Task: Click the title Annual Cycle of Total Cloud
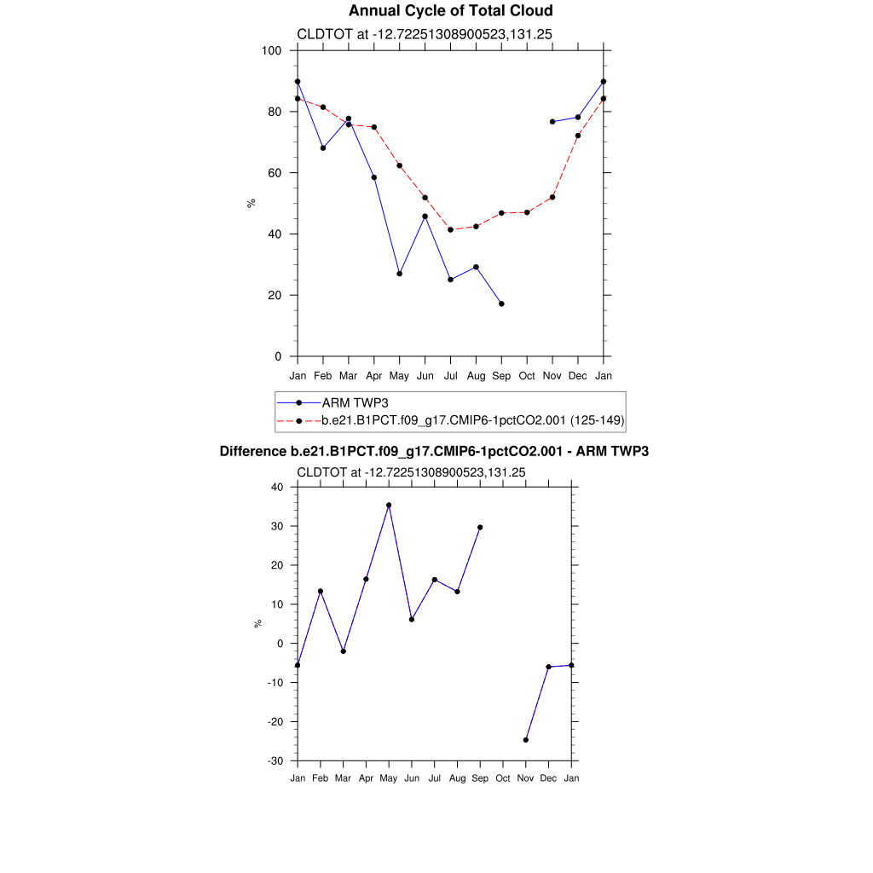coord(451,11)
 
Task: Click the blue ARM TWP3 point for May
coord(399,274)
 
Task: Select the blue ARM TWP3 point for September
coord(501,304)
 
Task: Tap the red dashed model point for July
coord(450,230)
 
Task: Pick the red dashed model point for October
coord(527,212)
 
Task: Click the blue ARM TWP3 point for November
coord(552,122)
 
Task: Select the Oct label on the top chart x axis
coord(527,376)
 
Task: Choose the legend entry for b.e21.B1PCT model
coord(473,420)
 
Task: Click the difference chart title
coord(434,451)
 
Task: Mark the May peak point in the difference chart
coord(389,505)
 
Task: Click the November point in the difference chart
coord(526,740)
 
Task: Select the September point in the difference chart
coord(480,527)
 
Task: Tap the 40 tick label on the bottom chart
coord(276,487)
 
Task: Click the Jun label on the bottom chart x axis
coord(412,778)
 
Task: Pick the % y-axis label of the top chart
coord(251,203)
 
